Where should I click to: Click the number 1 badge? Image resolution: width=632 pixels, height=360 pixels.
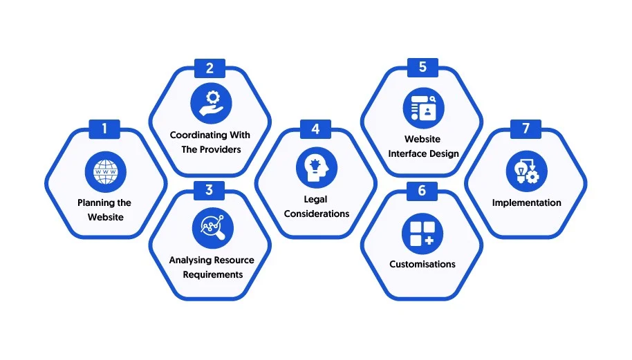point(104,129)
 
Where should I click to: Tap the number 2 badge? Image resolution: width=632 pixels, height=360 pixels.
point(210,68)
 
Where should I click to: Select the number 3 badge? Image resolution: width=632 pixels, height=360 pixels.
point(210,191)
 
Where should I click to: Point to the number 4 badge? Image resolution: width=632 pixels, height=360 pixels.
point(315,129)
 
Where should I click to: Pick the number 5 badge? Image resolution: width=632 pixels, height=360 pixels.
point(422,67)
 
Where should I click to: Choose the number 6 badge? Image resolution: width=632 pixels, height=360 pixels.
point(422,191)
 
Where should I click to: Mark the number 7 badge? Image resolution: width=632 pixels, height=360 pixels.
point(526,129)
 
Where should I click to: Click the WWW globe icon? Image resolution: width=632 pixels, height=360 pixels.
point(106,172)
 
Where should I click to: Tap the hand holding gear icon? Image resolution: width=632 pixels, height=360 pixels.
point(211,103)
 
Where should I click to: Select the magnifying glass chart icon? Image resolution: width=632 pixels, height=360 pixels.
point(213,228)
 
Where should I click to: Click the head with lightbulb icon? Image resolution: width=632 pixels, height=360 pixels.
point(317,167)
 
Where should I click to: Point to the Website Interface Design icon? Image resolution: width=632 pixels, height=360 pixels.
point(424,108)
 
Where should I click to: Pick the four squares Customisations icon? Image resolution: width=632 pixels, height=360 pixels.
point(422,234)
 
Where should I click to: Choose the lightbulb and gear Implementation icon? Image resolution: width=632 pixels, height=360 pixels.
point(527,171)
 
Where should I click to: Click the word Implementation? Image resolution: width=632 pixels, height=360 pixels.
point(526,203)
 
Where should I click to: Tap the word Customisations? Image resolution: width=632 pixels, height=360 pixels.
point(422,264)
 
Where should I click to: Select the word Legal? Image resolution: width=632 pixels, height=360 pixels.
point(315,200)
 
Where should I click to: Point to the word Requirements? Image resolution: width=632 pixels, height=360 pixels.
point(213,274)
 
